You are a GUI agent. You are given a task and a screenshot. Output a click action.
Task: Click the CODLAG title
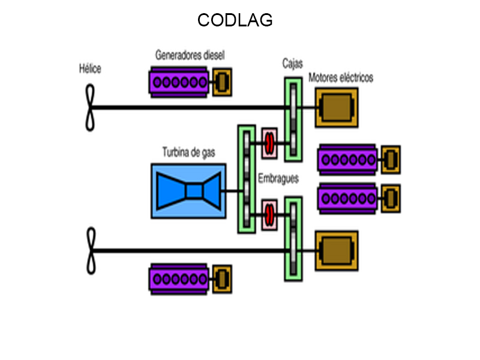tap(235, 20)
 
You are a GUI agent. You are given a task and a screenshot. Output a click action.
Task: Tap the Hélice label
tap(90, 69)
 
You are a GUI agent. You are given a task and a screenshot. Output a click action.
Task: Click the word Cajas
tap(293, 64)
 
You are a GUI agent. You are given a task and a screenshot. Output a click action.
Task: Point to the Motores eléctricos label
tap(341, 78)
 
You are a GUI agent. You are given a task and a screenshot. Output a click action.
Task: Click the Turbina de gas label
tap(188, 152)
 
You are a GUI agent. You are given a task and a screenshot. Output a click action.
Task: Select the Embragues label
tap(278, 179)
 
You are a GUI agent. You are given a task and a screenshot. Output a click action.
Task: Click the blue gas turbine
tap(188, 190)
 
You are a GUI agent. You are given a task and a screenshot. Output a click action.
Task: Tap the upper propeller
tap(90, 107)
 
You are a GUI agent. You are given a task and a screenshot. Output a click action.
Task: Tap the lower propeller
tap(91, 251)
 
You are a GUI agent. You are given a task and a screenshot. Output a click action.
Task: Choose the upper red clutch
tap(269, 143)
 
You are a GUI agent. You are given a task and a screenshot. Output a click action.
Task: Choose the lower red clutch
tap(269, 215)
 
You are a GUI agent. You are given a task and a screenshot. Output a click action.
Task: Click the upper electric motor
tap(336, 108)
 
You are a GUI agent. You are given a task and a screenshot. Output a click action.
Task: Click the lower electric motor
tap(336, 251)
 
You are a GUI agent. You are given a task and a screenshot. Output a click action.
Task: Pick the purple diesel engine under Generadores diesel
tap(179, 82)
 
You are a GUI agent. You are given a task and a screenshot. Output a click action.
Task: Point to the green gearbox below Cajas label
tap(293, 119)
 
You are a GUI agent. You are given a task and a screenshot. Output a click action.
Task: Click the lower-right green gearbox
tap(293, 240)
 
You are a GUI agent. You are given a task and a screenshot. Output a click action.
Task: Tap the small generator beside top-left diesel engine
tap(222, 82)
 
